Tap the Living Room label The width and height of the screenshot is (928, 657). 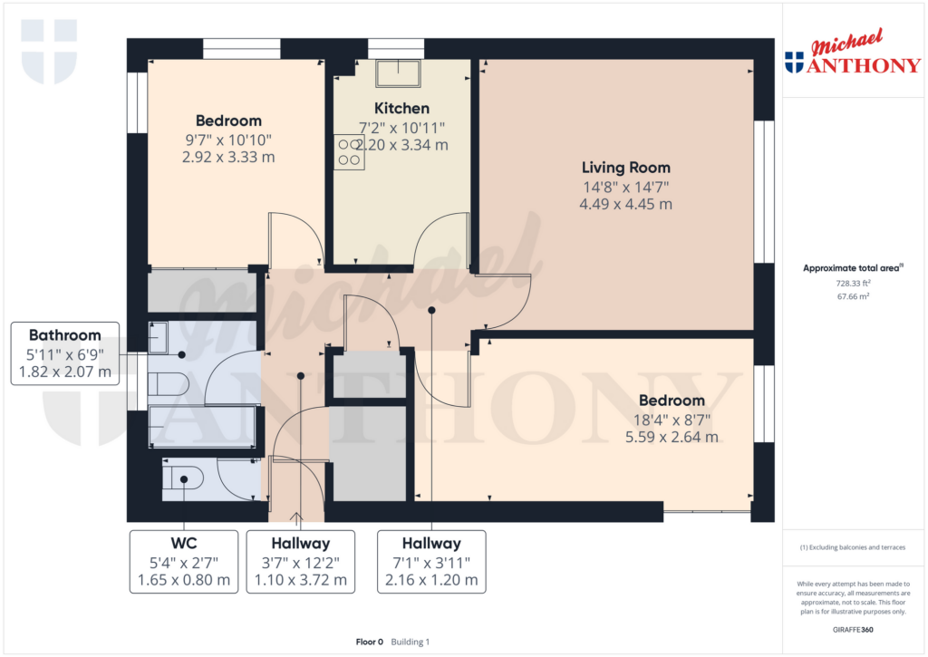[626, 168]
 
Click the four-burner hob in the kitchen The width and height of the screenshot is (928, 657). [349, 152]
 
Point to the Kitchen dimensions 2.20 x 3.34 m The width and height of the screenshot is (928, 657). [402, 145]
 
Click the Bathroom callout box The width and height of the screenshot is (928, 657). [64, 353]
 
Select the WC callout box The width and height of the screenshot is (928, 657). [184, 561]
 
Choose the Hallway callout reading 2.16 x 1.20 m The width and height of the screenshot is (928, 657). [431, 561]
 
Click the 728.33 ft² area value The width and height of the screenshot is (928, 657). [852, 283]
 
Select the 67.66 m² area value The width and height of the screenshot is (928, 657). [852, 295]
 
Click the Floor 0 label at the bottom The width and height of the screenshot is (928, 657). [370, 642]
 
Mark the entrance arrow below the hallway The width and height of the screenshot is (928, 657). [295, 518]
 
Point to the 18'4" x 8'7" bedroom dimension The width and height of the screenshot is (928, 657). [671, 419]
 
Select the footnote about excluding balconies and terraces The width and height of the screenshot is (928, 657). [852, 547]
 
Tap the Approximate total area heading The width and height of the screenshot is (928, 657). [852, 268]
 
